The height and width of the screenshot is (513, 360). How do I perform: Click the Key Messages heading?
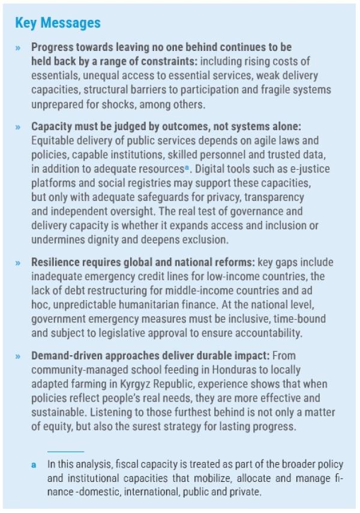click(58, 23)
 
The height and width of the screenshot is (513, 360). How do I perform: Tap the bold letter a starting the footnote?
click(34, 464)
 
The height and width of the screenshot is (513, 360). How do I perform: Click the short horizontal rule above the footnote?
click(65, 451)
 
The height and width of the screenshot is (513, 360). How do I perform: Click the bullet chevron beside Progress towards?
click(19, 47)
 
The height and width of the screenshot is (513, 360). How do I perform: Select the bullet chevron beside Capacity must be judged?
click(19, 127)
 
